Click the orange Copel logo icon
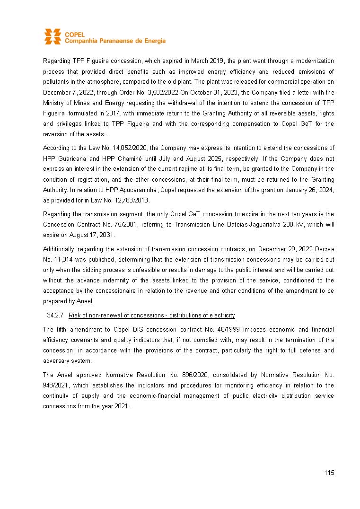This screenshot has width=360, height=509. click(x=53, y=37)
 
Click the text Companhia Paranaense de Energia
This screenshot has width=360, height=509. click(x=115, y=41)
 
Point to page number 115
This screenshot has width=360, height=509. click(x=329, y=473)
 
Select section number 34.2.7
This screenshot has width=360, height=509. click(x=56, y=316)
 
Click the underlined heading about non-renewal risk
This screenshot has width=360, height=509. click(x=152, y=316)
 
